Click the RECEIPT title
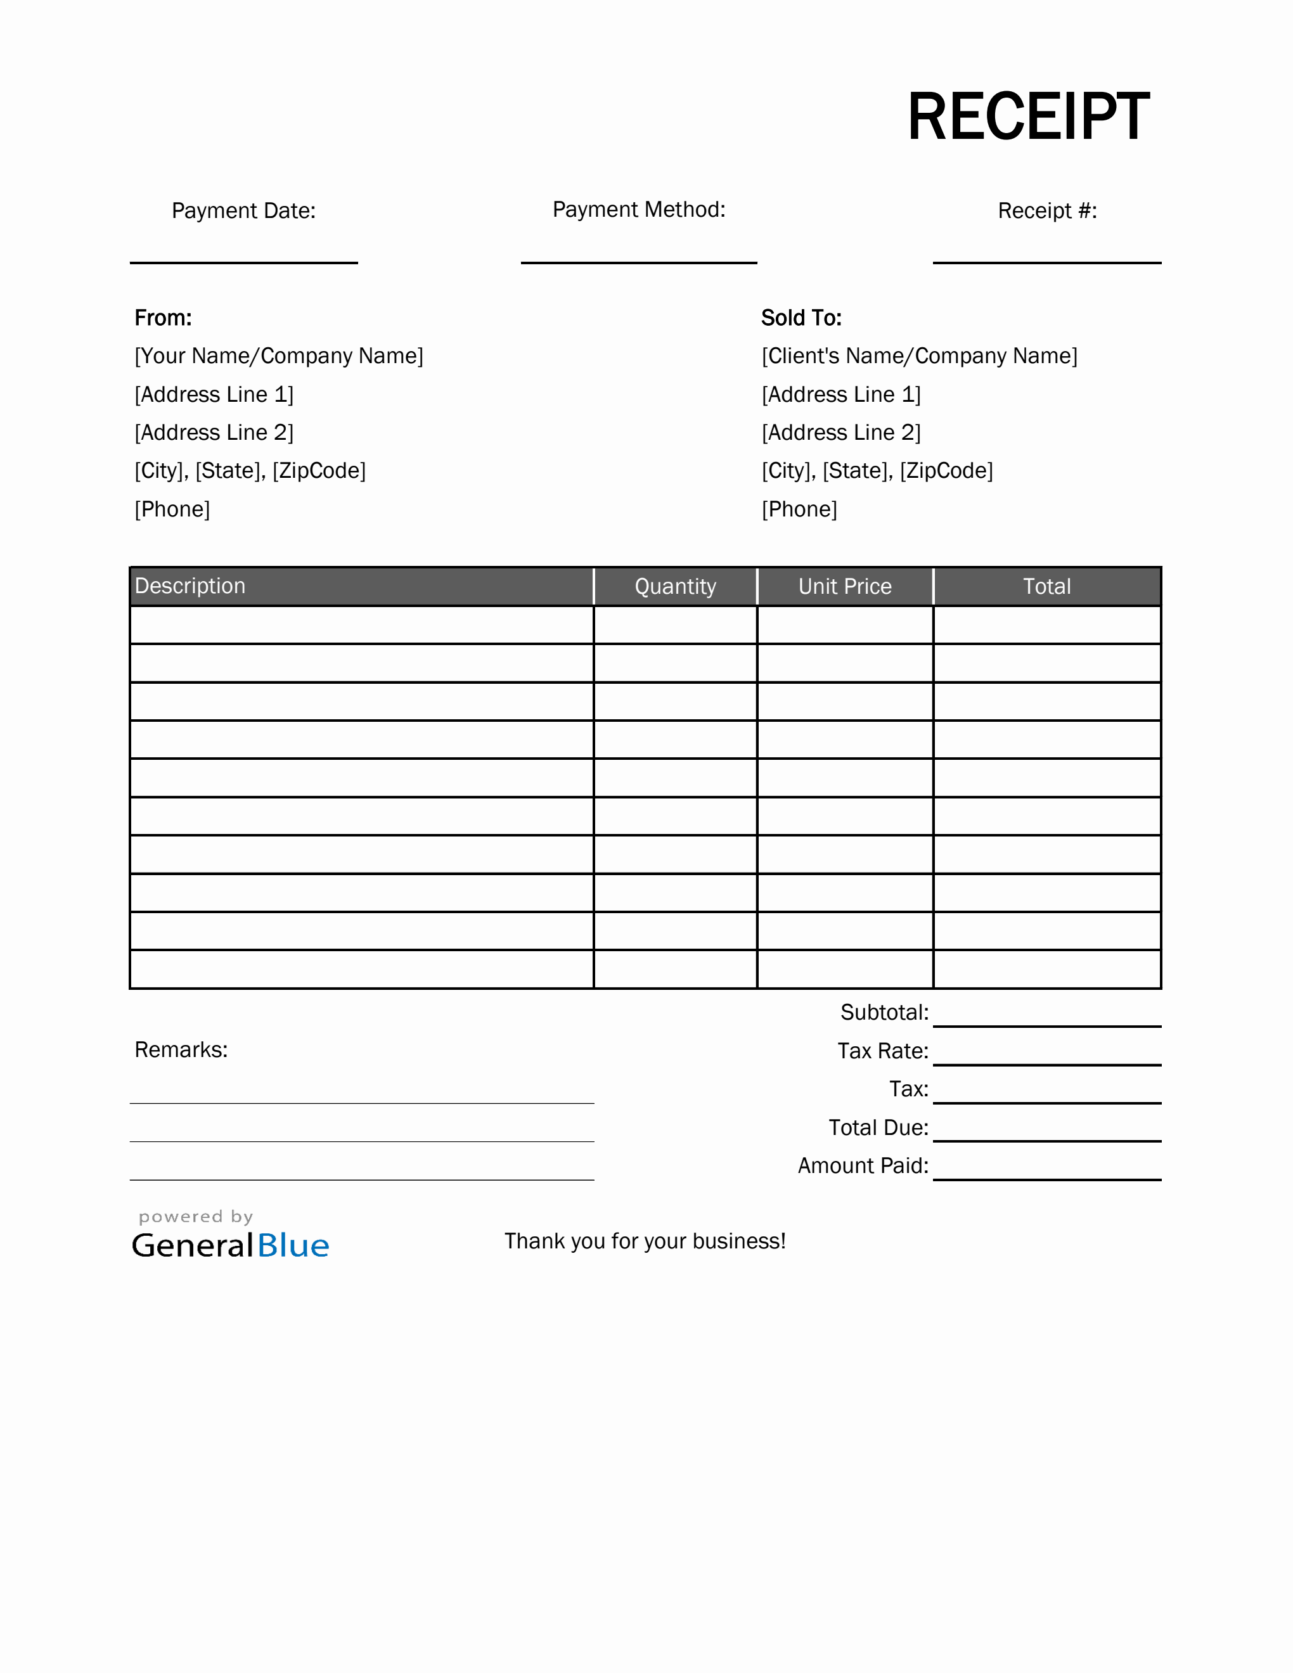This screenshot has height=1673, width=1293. [1028, 117]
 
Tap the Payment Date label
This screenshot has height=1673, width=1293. [243, 210]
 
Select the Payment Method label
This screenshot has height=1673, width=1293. [639, 209]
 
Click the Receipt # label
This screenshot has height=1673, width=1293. [1047, 210]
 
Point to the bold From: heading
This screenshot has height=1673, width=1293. [163, 318]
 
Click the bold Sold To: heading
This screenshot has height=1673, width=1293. [801, 318]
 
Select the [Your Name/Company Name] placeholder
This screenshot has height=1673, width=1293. [279, 356]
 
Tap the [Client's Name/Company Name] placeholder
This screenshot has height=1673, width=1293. [919, 356]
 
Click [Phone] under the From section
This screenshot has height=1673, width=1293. [172, 510]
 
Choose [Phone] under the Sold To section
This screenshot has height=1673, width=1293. [799, 510]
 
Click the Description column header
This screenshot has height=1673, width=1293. [190, 586]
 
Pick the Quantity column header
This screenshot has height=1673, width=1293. [675, 587]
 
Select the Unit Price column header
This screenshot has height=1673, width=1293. [845, 587]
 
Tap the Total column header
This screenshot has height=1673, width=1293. [1046, 587]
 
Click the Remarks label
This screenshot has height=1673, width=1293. [181, 1049]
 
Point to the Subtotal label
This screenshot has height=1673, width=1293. [884, 1013]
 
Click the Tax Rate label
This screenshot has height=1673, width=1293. [882, 1051]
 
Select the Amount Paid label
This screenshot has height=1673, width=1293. [863, 1166]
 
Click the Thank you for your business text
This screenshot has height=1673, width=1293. [645, 1241]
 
